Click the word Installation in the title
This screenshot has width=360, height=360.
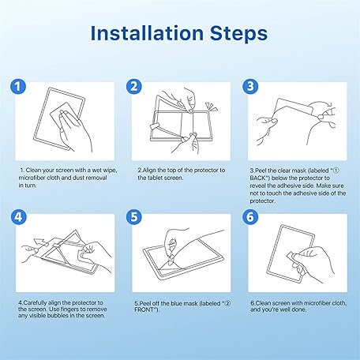(x=147, y=33)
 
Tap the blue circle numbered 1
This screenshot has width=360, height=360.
(x=18, y=87)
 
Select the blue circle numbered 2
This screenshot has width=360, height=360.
(x=134, y=87)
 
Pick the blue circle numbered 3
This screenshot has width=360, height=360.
(x=250, y=87)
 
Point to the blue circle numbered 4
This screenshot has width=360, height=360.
(x=18, y=217)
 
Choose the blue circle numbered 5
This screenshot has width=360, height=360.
(x=134, y=217)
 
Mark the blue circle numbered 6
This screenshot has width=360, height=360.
(x=250, y=217)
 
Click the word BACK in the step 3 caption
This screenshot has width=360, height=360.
(x=257, y=178)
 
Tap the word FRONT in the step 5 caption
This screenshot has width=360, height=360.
(x=144, y=309)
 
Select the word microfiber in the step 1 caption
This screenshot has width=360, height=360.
(x=32, y=178)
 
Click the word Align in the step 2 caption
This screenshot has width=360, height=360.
(x=149, y=171)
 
